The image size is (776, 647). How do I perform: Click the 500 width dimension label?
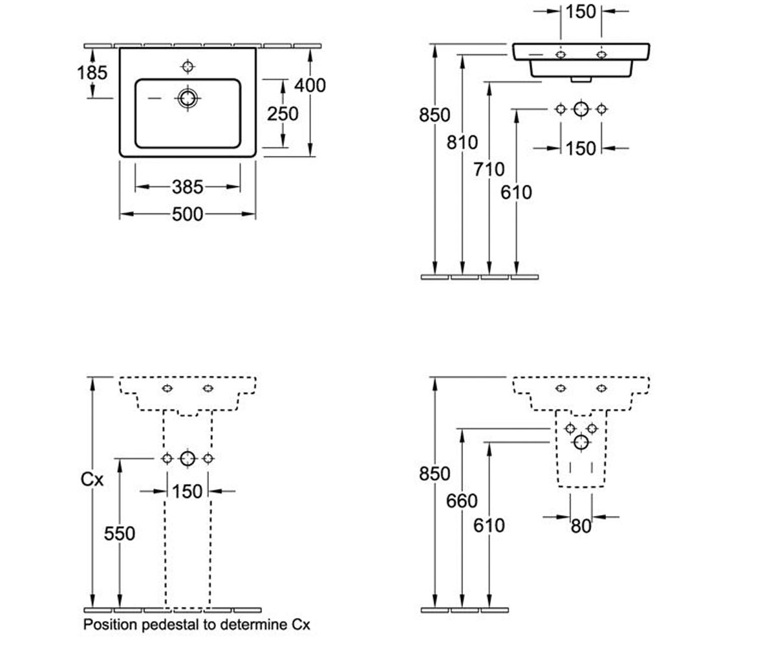pos(188,215)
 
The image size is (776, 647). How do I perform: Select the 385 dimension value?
pos(188,187)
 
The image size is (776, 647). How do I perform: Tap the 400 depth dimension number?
pos(310,85)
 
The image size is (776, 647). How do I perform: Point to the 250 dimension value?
pos(283,114)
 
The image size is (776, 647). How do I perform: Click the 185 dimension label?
pos(92,72)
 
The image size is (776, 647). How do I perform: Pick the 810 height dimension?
pos(462,142)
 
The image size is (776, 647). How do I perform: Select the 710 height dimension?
pos(489,170)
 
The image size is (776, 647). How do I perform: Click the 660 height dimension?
pos(462,501)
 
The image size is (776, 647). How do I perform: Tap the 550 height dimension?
pos(119,534)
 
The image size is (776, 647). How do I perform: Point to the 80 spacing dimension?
pos(581,526)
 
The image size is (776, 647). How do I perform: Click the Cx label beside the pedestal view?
pos(92,479)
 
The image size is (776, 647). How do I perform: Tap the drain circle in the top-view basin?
pos(188,98)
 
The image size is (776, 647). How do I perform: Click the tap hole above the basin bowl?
pos(188,67)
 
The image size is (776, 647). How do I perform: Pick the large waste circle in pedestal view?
pos(188,459)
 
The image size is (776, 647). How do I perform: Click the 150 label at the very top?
pos(581,12)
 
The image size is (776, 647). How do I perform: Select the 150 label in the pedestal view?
pos(188,492)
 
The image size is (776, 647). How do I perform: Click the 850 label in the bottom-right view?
pos(435,474)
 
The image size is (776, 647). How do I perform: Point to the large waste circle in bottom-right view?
pos(581,443)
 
